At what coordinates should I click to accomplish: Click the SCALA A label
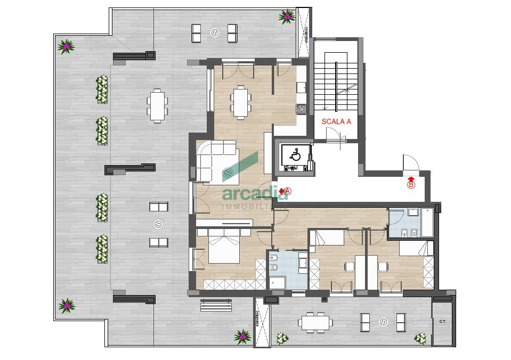(x=336, y=121)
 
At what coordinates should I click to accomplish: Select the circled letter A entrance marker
(x=288, y=190)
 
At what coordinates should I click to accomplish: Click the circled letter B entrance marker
(x=411, y=185)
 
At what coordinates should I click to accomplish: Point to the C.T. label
(x=442, y=321)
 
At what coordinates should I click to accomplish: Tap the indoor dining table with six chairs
(x=240, y=101)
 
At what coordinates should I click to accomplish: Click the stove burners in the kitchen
(x=302, y=109)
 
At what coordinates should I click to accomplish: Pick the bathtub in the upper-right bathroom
(x=428, y=223)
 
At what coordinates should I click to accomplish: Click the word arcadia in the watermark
(x=255, y=193)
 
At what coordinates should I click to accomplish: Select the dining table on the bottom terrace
(x=317, y=322)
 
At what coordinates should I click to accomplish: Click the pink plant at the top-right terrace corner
(x=287, y=17)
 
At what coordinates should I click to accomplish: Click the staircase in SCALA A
(x=336, y=85)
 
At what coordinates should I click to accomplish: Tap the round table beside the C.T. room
(x=384, y=322)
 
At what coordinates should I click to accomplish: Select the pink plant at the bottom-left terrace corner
(x=67, y=305)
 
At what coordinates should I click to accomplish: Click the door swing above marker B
(x=410, y=163)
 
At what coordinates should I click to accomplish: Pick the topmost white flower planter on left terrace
(x=102, y=89)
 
